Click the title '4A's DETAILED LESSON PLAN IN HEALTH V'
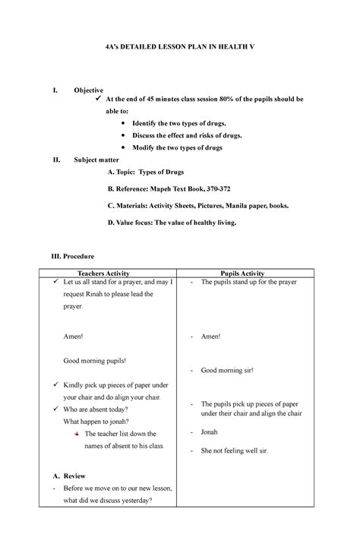pos(180,47)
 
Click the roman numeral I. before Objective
pos(54,90)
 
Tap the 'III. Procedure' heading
pos(77,257)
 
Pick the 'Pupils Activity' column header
pos(242,273)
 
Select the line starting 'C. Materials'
pos(197,205)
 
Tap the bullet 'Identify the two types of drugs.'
pos(179,122)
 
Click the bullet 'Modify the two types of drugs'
pos(177,147)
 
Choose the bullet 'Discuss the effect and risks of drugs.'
pos(187,135)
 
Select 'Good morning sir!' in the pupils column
pos(226,371)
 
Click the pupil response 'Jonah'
pos(209,430)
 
